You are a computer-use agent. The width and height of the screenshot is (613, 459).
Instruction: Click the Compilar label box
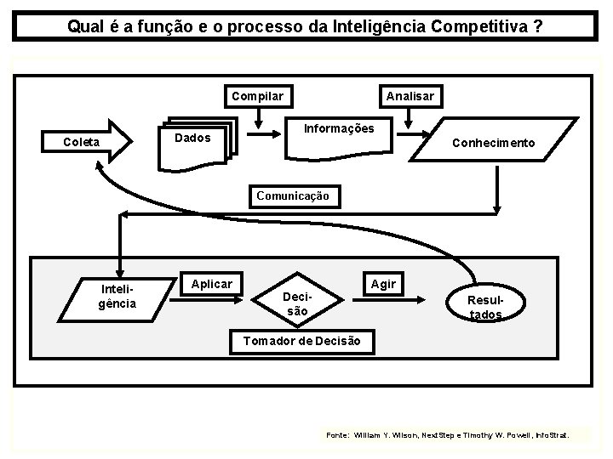(258, 96)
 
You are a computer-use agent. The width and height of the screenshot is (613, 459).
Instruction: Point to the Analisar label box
(410, 96)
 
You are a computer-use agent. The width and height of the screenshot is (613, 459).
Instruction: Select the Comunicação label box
(293, 195)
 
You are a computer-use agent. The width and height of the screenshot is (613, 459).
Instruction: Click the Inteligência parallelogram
(117, 297)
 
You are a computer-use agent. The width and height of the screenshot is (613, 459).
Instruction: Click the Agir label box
(383, 284)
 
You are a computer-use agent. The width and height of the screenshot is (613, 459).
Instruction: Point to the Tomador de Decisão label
(302, 342)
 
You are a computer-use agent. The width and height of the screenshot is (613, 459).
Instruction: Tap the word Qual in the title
(84, 26)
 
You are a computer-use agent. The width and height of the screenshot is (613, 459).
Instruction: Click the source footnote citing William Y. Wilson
(456, 434)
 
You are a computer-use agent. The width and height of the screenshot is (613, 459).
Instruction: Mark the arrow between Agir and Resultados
(423, 298)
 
